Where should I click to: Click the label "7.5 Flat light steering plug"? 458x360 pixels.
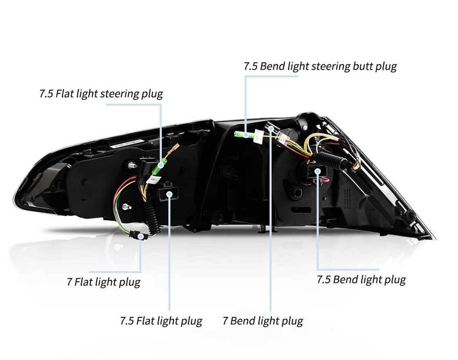click(101, 94)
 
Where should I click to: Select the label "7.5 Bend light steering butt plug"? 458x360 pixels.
click(320, 66)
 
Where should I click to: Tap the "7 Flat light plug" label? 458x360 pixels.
click(103, 282)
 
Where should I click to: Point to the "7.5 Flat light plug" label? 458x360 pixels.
click(161, 321)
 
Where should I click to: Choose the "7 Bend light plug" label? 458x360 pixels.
click(263, 321)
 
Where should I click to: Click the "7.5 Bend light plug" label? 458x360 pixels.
click(361, 280)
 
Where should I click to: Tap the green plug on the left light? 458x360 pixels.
click(161, 165)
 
